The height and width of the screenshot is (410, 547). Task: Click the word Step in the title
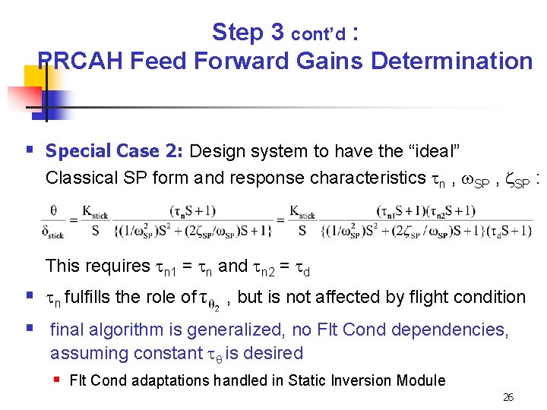[x=237, y=32]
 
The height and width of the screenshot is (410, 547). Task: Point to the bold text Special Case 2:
[x=115, y=152]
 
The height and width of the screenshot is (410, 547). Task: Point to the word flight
[x=417, y=297]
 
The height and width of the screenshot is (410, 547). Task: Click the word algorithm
[x=125, y=330]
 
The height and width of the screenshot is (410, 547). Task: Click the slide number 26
[x=508, y=397]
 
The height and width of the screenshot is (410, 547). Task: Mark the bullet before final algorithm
[x=29, y=329]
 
